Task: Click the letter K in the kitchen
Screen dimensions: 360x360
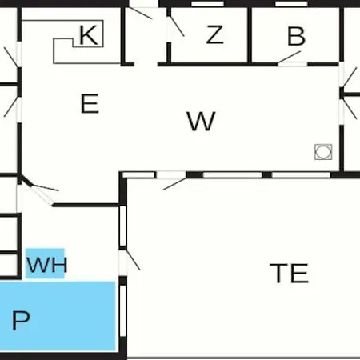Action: click(x=88, y=35)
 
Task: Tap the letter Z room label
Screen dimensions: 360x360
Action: click(x=214, y=34)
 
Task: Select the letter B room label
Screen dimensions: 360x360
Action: click(x=296, y=36)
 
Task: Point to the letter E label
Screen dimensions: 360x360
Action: click(x=90, y=104)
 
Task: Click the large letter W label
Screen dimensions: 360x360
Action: click(x=201, y=121)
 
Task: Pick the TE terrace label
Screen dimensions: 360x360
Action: click(x=289, y=273)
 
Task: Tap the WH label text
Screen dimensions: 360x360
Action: click(x=47, y=265)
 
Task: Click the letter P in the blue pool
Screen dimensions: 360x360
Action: click(x=21, y=320)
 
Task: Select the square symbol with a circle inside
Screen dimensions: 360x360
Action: click(x=323, y=152)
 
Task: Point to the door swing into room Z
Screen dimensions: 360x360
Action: click(x=177, y=26)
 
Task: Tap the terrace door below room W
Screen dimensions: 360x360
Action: click(x=174, y=182)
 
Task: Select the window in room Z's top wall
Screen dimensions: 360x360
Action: click(x=208, y=4)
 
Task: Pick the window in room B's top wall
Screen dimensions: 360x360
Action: click(x=291, y=4)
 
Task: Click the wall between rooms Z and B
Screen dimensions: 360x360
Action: click(x=250, y=35)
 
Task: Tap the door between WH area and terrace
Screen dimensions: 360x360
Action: click(x=130, y=260)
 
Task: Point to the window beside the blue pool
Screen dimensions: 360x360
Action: click(x=122, y=311)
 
